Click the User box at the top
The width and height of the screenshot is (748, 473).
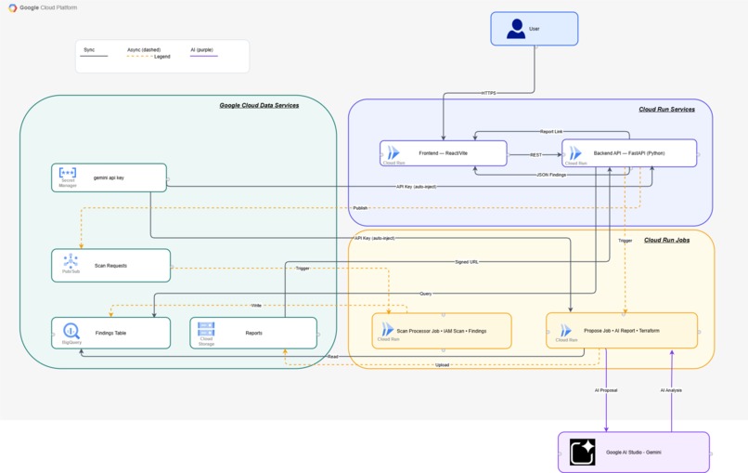(534, 29)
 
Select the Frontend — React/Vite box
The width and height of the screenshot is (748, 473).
(444, 153)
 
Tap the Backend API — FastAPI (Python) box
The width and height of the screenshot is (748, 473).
(629, 153)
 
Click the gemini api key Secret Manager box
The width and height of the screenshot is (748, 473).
(109, 177)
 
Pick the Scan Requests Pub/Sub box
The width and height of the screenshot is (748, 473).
(110, 265)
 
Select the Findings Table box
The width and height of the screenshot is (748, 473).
(110, 333)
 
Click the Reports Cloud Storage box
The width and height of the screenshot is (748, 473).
(253, 333)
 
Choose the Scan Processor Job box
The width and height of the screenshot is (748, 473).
(442, 331)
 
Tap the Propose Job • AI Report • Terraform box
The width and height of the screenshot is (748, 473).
(622, 331)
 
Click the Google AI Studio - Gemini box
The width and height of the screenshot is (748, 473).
(634, 453)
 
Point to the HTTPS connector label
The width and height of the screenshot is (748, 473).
(488, 93)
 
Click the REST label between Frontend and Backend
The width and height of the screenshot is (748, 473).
(535, 155)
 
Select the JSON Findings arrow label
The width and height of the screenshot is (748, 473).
(551, 175)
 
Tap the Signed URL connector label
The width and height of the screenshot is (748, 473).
(467, 262)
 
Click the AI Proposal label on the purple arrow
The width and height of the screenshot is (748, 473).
(606, 390)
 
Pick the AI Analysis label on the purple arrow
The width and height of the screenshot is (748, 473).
(671, 390)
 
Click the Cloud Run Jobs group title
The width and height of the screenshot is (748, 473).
(666, 240)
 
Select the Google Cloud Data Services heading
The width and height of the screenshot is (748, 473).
(259, 105)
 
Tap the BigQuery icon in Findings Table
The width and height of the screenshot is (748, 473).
(71, 331)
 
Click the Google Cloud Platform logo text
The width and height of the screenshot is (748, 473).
(48, 7)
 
